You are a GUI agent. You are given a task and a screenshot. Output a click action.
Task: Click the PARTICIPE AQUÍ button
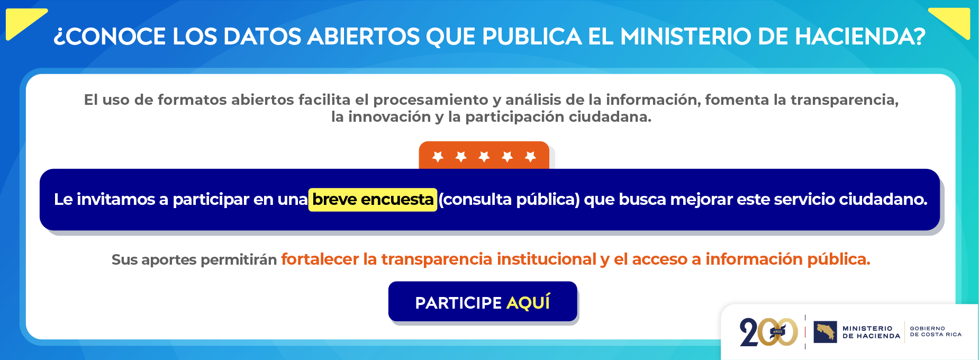tap(482, 302)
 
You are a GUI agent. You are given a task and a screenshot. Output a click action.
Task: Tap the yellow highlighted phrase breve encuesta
tap(373, 200)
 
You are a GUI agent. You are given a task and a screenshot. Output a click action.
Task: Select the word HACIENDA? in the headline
tap(860, 37)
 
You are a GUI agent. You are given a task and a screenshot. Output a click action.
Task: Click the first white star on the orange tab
tap(438, 156)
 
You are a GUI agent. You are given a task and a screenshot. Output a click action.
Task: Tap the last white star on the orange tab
tap(530, 156)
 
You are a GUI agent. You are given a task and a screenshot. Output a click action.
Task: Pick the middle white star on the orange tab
tap(484, 156)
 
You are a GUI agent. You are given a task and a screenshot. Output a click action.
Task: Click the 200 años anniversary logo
tap(768, 332)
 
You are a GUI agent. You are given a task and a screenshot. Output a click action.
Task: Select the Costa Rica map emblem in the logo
tap(825, 332)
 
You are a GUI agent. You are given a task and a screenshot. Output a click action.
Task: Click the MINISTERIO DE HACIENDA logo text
tap(871, 332)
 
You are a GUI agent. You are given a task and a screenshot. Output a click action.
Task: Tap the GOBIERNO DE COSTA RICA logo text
tap(935, 331)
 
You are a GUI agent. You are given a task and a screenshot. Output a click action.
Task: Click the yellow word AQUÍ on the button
tap(528, 302)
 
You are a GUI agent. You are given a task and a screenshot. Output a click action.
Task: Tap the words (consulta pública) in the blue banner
tap(509, 200)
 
